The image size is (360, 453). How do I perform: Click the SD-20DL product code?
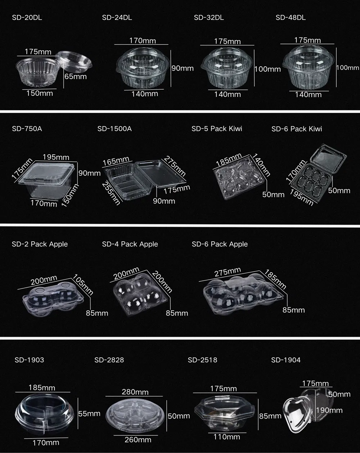[x=27, y=18]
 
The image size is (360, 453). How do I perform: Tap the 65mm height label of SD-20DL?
[x=76, y=76]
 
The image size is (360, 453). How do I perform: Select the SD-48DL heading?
[x=291, y=18]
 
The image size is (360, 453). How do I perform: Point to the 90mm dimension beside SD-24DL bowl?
[x=183, y=68]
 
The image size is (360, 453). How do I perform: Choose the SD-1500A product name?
[x=114, y=129]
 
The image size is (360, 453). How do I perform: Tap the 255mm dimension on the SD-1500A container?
[x=111, y=194]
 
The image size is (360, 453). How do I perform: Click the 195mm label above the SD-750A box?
[x=56, y=157]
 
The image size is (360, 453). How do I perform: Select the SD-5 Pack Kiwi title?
[x=217, y=129]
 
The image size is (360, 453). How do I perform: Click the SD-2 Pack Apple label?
[x=40, y=244]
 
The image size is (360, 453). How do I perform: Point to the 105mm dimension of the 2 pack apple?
[x=83, y=284]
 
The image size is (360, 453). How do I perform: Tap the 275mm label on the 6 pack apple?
[x=228, y=272]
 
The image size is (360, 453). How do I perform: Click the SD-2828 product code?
[x=109, y=360]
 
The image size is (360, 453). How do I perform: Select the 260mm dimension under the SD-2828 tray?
[x=138, y=440]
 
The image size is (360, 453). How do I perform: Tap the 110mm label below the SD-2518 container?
[x=227, y=437]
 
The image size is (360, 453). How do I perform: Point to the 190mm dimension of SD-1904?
[x=329, y=410]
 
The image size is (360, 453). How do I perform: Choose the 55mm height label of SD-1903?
[x=89, y=414]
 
